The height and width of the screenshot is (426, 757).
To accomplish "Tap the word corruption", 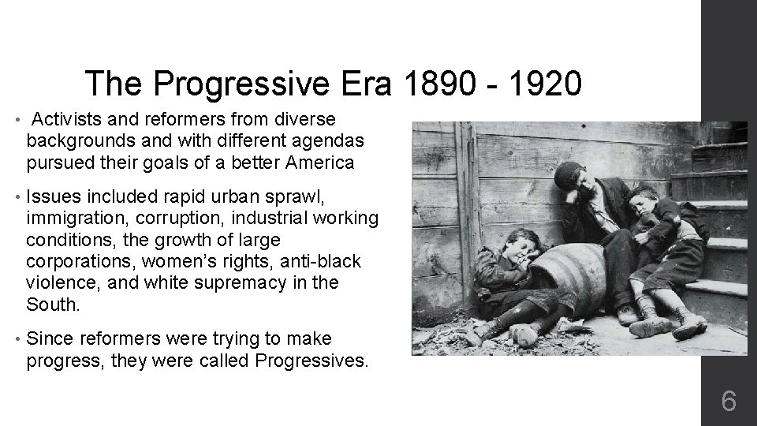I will point(172,219).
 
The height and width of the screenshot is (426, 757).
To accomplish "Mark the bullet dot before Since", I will point(17,340).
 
